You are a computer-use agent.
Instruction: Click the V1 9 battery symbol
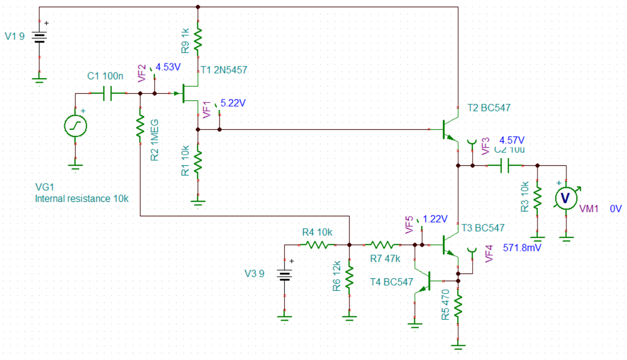39,38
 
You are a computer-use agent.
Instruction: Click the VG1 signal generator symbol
75,126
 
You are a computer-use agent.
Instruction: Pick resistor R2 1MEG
140,125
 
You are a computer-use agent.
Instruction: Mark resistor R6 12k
349,277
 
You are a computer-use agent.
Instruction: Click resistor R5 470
458,306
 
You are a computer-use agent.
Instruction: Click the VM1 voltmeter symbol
567,197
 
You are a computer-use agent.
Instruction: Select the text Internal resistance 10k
81,199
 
